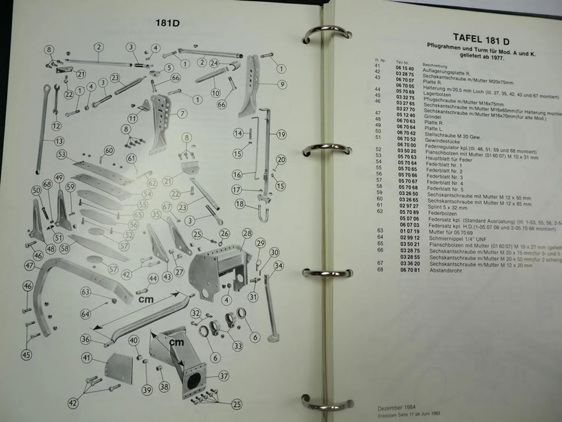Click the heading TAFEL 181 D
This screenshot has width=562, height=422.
[x=481, y=39]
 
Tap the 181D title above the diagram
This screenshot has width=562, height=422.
[x=167, y=23]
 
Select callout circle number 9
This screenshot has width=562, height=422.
[x=282, y=84]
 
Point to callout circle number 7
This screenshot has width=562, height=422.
[x=182, y=113]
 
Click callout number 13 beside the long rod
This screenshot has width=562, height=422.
[x=59, y=141]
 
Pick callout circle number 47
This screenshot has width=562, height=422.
[x=29, y=266]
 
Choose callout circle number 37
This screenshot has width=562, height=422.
[x=224, y=376]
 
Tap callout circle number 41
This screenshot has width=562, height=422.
[x=87, y=358]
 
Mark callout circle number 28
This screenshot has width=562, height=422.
[x=247, y=234]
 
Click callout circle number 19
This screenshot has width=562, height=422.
[x=281, y=134]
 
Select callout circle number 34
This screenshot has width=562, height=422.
[x=278, y=266]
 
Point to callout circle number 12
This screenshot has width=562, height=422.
[x=56, y=126]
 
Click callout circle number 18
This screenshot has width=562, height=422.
[x=240, y=204]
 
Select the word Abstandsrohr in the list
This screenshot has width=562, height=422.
[x=445, y=270]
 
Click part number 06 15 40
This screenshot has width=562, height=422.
[x=405, y=69]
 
